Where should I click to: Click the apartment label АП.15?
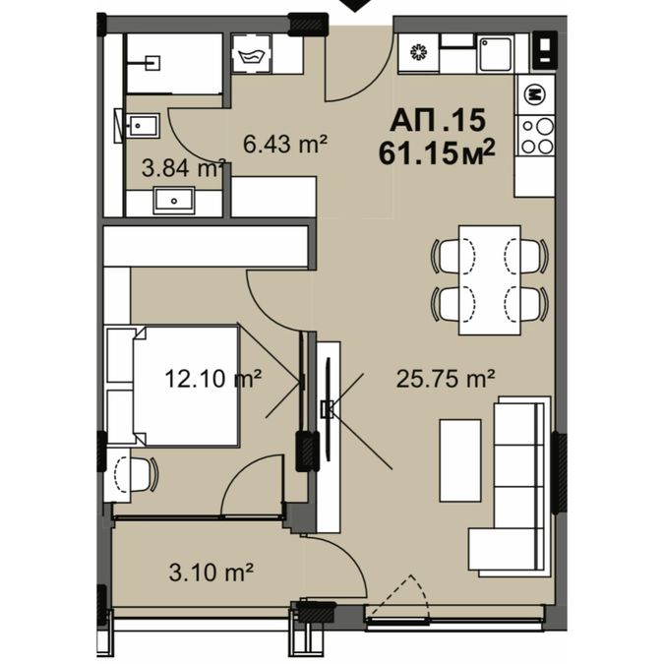pos(437,120)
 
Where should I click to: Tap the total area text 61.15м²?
pos(437,153)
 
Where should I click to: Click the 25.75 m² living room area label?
pos(446,379)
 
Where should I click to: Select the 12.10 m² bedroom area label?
pos(212,378)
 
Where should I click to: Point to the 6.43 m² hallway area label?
pos(285,145)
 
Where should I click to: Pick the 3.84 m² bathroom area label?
pos(183,168)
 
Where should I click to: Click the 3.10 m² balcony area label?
pos(211,573)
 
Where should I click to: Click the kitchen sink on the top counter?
pos(496,53)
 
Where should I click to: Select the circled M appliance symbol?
pos(534,94)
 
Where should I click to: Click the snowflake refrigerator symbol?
pos(419,52)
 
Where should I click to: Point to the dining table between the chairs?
pos(490,280)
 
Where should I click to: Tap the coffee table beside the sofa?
pos(460,460)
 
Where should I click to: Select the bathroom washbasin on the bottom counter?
pos(174,200)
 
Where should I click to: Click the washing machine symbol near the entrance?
pos(252,54)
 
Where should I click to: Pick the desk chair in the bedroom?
pos(136,474)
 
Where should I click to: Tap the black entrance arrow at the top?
pos(355,5)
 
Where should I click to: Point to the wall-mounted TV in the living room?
pos(328,408)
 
